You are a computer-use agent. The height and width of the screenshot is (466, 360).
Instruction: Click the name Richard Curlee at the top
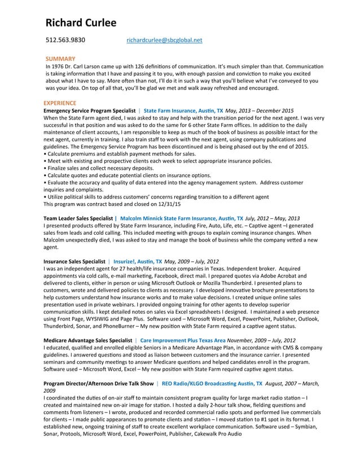click(81, 23)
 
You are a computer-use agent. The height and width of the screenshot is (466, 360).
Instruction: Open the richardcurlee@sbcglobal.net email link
click(164, 41)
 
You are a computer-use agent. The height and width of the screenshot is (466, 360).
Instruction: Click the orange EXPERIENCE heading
click(60, 103)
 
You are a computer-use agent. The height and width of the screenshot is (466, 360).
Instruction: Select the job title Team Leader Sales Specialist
click(78, 218)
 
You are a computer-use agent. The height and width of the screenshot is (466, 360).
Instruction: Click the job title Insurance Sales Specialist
click(74, 262)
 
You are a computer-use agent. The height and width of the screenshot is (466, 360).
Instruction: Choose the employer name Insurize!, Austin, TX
click(137, 262)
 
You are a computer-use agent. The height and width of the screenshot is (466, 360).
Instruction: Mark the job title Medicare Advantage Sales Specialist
click(87, 341)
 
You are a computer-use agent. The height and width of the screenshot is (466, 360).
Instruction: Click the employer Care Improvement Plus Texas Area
click(182, 341)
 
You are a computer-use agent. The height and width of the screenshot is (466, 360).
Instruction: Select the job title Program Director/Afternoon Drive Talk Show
click(98, 383)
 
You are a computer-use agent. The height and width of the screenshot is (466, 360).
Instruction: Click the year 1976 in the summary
click(56, 67)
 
